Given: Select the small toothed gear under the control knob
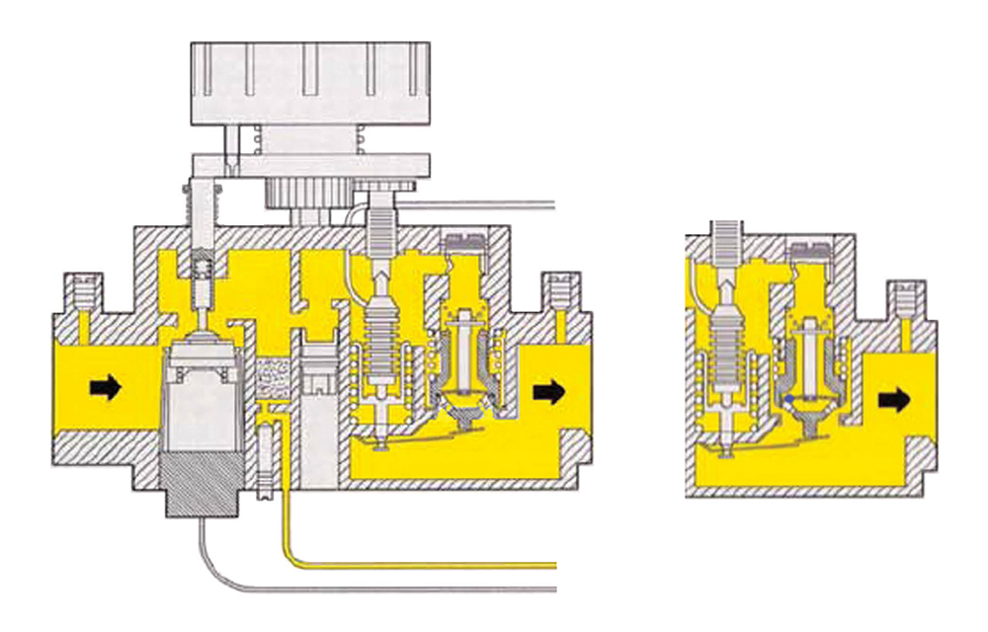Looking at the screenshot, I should click(308, 197).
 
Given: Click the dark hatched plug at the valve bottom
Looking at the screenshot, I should click(202, 484).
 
